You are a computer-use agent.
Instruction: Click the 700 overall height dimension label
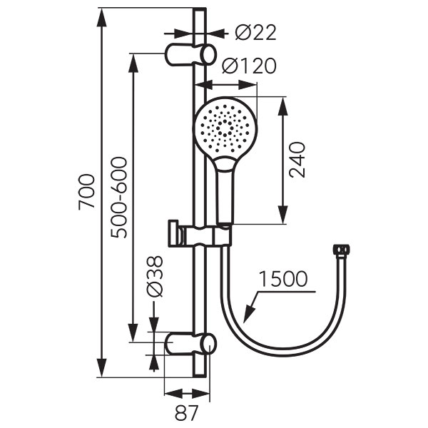pyautogui.click(x=87, y=192)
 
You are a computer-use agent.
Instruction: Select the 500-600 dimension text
pyautogui.click(x=119, y=198)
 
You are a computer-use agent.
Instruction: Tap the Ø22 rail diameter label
pyautogui.click(x=256, y=33)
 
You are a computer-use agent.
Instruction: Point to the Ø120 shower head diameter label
pyautogui.click(x=249, y=66)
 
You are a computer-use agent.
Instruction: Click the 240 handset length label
pyautogui.click(x=297, y=160)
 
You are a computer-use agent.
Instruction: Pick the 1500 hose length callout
pyautogui.click(x=282, y=279)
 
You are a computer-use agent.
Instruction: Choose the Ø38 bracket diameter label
pyautogui.click(x=155, y=276)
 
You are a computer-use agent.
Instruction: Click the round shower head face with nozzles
pyautogui.click(x=225, y=128)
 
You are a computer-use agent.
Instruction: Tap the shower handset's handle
pyautogui.click(x=225, y=191)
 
